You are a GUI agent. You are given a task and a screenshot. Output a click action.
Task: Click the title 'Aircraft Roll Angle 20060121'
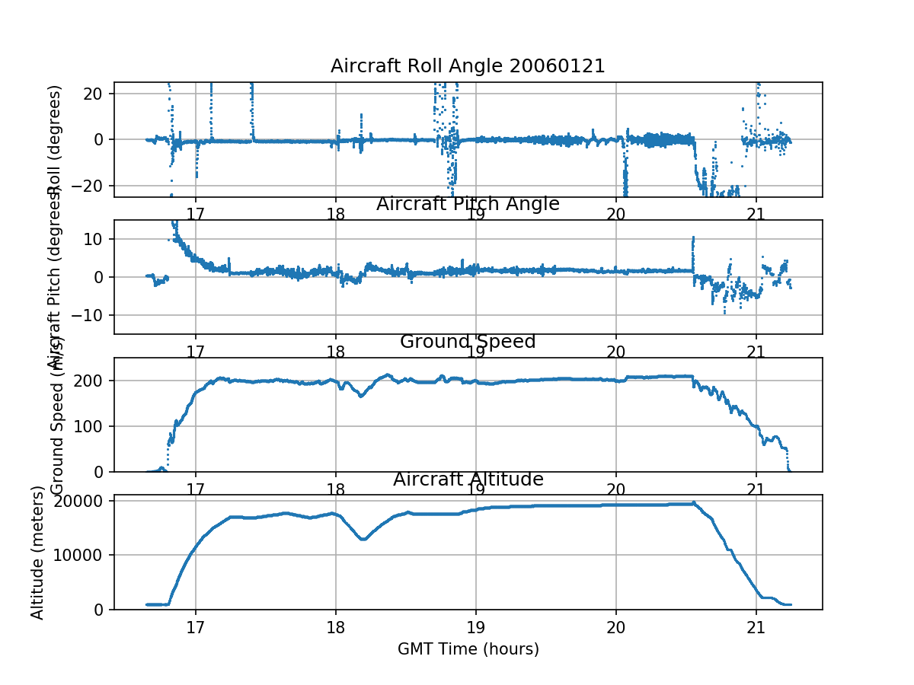click(468, 66)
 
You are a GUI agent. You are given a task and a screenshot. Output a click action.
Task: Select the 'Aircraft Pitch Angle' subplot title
click(468, 204)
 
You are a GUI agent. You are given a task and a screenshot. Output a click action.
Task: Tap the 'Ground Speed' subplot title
click(468, 342)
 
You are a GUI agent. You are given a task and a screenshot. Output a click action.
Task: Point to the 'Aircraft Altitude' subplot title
click(468, 479)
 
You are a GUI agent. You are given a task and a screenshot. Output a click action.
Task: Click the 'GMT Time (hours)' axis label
click(468, 649)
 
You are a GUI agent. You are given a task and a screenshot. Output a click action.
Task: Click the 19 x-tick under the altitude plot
click(476, 626)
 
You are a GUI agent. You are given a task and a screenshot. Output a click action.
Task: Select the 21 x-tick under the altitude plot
click(756, 626)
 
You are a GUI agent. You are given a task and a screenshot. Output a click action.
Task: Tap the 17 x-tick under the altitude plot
click(196, 626)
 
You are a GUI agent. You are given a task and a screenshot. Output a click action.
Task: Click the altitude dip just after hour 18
click(364, 539)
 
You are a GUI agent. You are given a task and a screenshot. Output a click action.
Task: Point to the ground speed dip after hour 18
click(361, 396)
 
